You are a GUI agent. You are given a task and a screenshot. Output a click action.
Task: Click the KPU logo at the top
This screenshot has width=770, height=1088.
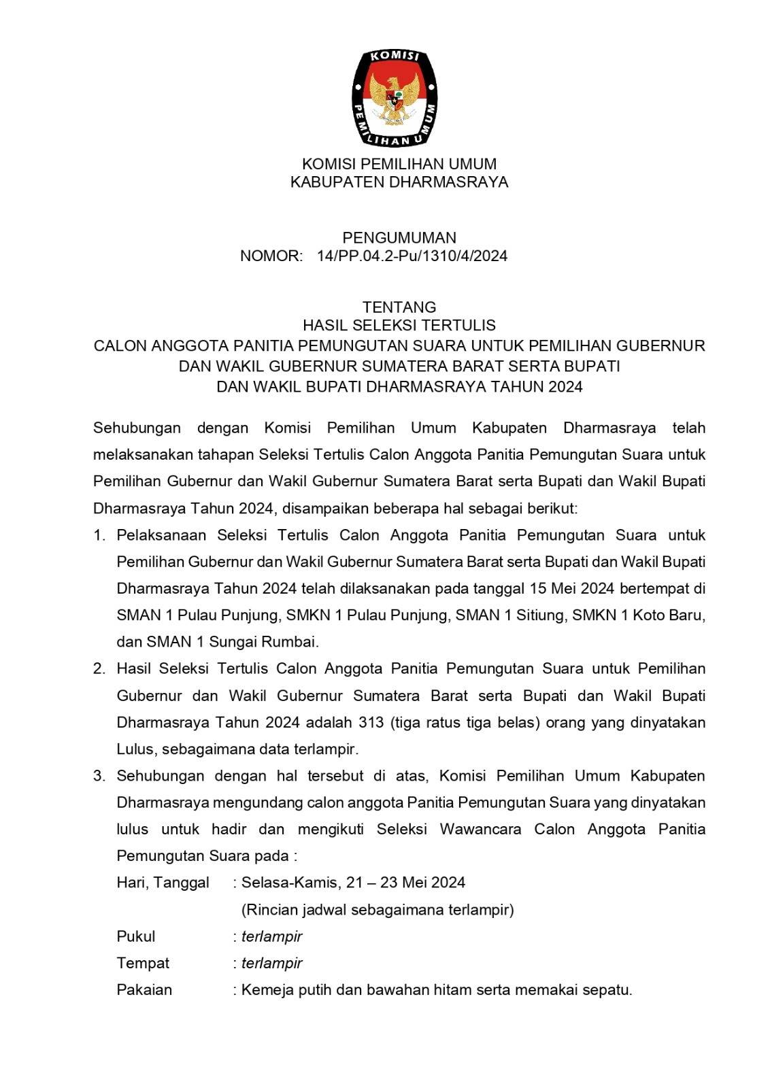395,97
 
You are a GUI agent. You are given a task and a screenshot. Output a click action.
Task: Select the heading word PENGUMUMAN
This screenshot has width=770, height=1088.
399,238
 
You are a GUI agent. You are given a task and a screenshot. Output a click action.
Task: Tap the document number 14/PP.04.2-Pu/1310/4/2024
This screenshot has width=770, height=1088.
412,256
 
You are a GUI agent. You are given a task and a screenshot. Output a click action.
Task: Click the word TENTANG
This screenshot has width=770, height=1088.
399,307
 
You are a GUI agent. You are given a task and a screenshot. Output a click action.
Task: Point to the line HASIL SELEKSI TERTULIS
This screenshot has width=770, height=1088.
399,326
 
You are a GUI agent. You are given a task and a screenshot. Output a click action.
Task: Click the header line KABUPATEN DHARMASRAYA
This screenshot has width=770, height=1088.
399,182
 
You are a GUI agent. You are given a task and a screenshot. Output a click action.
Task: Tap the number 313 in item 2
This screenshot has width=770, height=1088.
371,722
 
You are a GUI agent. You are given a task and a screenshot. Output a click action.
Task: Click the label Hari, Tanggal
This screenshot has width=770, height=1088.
163,883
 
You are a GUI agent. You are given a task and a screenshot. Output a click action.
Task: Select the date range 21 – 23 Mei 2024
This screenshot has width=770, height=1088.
405,883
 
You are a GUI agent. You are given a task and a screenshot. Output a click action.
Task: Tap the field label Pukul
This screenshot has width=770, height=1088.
136,936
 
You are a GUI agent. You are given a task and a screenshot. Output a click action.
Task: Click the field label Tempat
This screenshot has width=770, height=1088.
143,963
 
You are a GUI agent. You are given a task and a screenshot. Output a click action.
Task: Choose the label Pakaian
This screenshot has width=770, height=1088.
144,990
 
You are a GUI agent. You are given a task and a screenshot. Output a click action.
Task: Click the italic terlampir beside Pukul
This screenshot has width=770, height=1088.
272,936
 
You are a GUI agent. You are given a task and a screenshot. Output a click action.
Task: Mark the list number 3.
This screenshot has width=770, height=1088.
99,776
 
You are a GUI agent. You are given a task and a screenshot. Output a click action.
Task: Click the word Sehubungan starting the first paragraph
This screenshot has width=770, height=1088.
137,428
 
